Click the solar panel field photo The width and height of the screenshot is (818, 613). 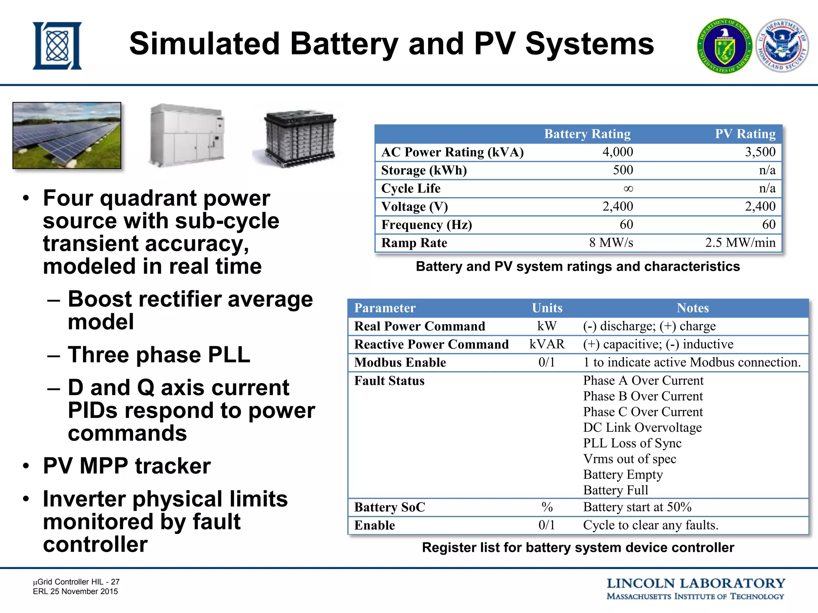tap(67, 135)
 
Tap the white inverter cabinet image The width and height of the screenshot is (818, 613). tap(187, 135)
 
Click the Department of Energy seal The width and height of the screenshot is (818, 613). tap(725, 46)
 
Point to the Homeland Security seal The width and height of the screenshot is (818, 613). tap(782, 46)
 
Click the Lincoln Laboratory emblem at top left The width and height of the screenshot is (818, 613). tap(57, 46)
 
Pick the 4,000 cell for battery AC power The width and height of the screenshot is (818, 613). tap(617, 152)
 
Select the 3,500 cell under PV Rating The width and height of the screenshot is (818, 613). tap(760, 152)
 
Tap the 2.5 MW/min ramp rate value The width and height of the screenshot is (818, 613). tap(740, 243)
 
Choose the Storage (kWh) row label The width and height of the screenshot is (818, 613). tap(424, 170)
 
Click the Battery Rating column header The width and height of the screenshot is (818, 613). tap(587, 134)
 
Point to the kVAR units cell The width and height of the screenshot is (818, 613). tap(547, 344)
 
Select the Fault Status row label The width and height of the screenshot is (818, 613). tap(389, 381)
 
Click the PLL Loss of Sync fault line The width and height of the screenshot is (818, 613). tap(632, 443)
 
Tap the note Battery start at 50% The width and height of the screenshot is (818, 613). tap(637, 507)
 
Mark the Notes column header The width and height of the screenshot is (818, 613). tap(693, 308)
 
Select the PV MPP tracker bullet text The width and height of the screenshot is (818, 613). tap(127, 466)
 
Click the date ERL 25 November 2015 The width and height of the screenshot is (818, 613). tap(75, 591)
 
